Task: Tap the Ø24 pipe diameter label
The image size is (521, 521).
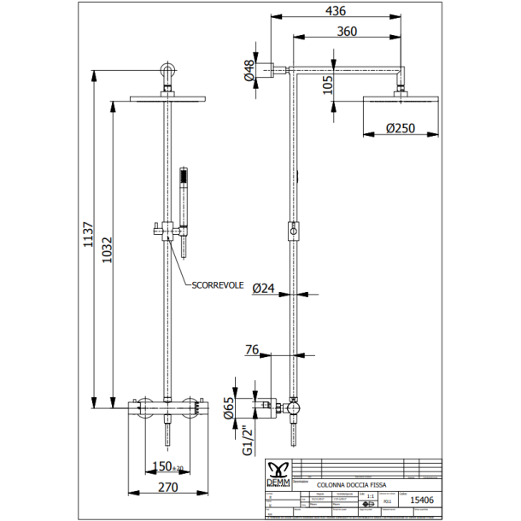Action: (x=265, y=289)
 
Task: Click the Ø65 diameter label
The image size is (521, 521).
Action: (x=228, y=407)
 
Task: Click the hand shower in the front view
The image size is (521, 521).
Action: (x=183, y=205)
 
